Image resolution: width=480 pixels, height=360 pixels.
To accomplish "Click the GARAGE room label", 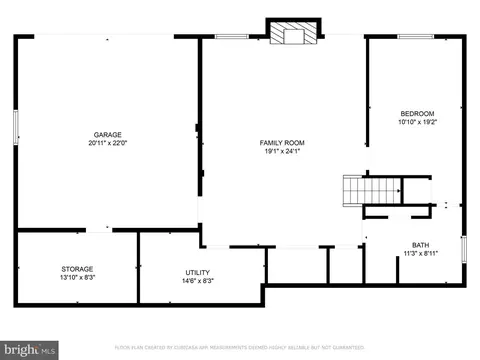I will click(108, 134).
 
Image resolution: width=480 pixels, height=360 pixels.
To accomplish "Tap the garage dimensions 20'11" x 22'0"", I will click(108, 142).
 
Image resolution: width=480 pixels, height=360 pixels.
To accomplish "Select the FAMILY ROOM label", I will click(283, 143).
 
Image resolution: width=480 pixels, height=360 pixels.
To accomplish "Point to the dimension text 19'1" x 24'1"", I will click(283, 151).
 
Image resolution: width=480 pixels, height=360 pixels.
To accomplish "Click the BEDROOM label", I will click(417, 114).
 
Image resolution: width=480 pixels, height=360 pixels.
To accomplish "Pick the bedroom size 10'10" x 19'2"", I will click(417, 122).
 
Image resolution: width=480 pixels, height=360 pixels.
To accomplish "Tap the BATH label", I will click(421, 245).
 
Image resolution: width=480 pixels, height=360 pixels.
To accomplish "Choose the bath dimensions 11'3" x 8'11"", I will click(421, 253).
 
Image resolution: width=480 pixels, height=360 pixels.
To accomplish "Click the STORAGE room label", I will click(77, 268).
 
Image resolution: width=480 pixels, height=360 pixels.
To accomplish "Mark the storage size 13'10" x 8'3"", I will click(77, 276).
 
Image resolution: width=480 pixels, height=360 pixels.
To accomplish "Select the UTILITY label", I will click(197, 272).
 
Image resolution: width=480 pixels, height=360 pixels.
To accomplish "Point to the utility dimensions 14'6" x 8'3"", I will click(197, 280).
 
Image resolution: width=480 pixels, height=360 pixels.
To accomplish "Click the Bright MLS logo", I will click(29, 349).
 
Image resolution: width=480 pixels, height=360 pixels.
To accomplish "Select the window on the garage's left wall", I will click(17, 128).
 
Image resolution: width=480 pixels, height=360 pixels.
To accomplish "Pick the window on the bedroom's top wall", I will click(416, 38).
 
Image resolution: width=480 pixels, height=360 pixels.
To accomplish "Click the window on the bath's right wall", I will click(466, 249).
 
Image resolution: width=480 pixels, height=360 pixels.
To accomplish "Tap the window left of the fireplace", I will click(231, 38).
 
